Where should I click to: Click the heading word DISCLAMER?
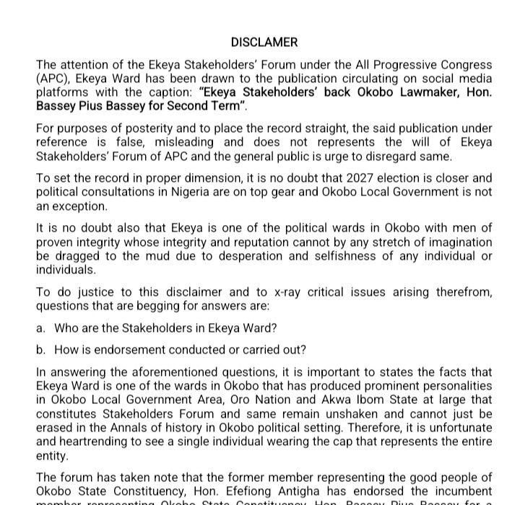[x=264, y=43]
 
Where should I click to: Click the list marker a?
[x=40, y=328]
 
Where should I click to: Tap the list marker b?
[x=40, y=350]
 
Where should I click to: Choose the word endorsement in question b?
[x=129, y=350]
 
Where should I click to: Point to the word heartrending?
[x=90, y=442]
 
